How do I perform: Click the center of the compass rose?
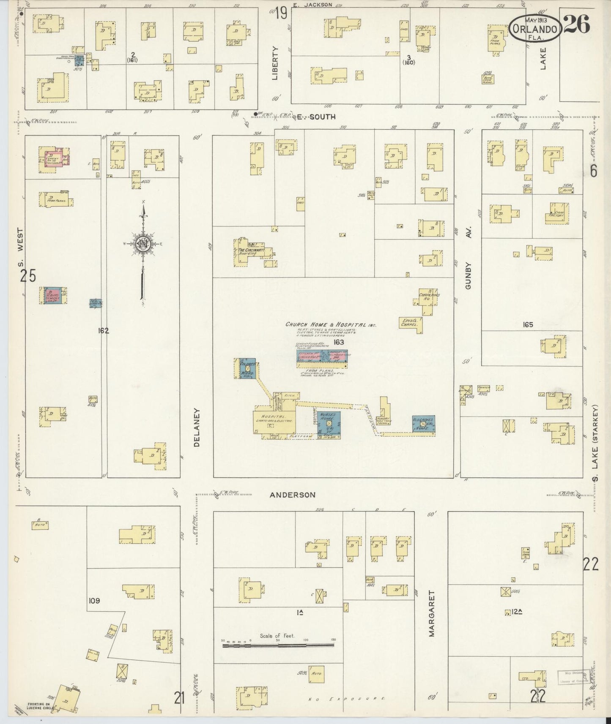click(x=143, y=244)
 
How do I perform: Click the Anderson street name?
click(x=293, y=495)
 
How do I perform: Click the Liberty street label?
click(x=275, y=63)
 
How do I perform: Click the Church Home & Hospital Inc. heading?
click(x=331, y=324)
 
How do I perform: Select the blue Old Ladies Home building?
click(x=424, y=424)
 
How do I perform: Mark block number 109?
click(x=94, y=600)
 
